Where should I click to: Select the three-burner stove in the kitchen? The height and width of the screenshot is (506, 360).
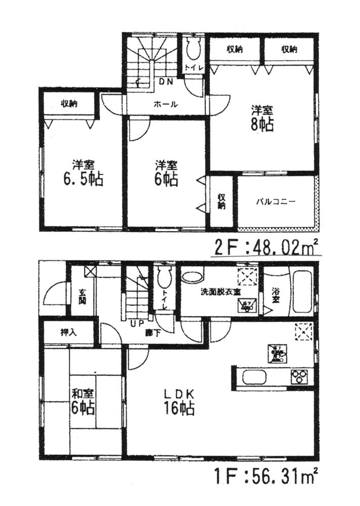coord(298,376)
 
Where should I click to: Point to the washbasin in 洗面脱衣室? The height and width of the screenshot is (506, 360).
coord(192,276)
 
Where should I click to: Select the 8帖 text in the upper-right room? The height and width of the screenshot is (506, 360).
coord(263,125)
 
